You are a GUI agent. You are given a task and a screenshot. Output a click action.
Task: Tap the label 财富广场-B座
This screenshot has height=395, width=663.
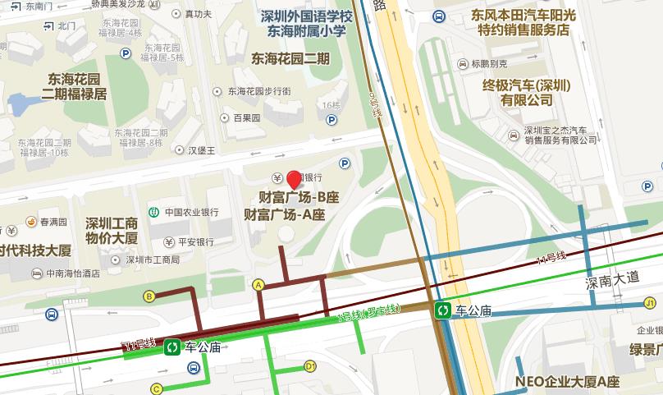coord(299,198)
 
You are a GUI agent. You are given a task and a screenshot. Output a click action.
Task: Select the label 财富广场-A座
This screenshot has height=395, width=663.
coord(286,215)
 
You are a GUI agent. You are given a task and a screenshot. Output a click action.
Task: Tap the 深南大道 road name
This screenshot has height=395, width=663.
coord(611,278)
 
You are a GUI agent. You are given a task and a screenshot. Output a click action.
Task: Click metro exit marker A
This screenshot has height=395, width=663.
coord(258,284)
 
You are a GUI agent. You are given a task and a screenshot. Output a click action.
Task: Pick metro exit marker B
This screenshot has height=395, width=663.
coord(149,296)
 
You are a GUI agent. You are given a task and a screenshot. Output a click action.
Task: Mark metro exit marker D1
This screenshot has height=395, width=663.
coord(310,365)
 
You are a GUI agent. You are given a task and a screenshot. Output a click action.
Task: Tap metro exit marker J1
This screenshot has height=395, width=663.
coord(650,304)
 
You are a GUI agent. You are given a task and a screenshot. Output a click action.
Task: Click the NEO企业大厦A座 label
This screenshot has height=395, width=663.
coord(567,382)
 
